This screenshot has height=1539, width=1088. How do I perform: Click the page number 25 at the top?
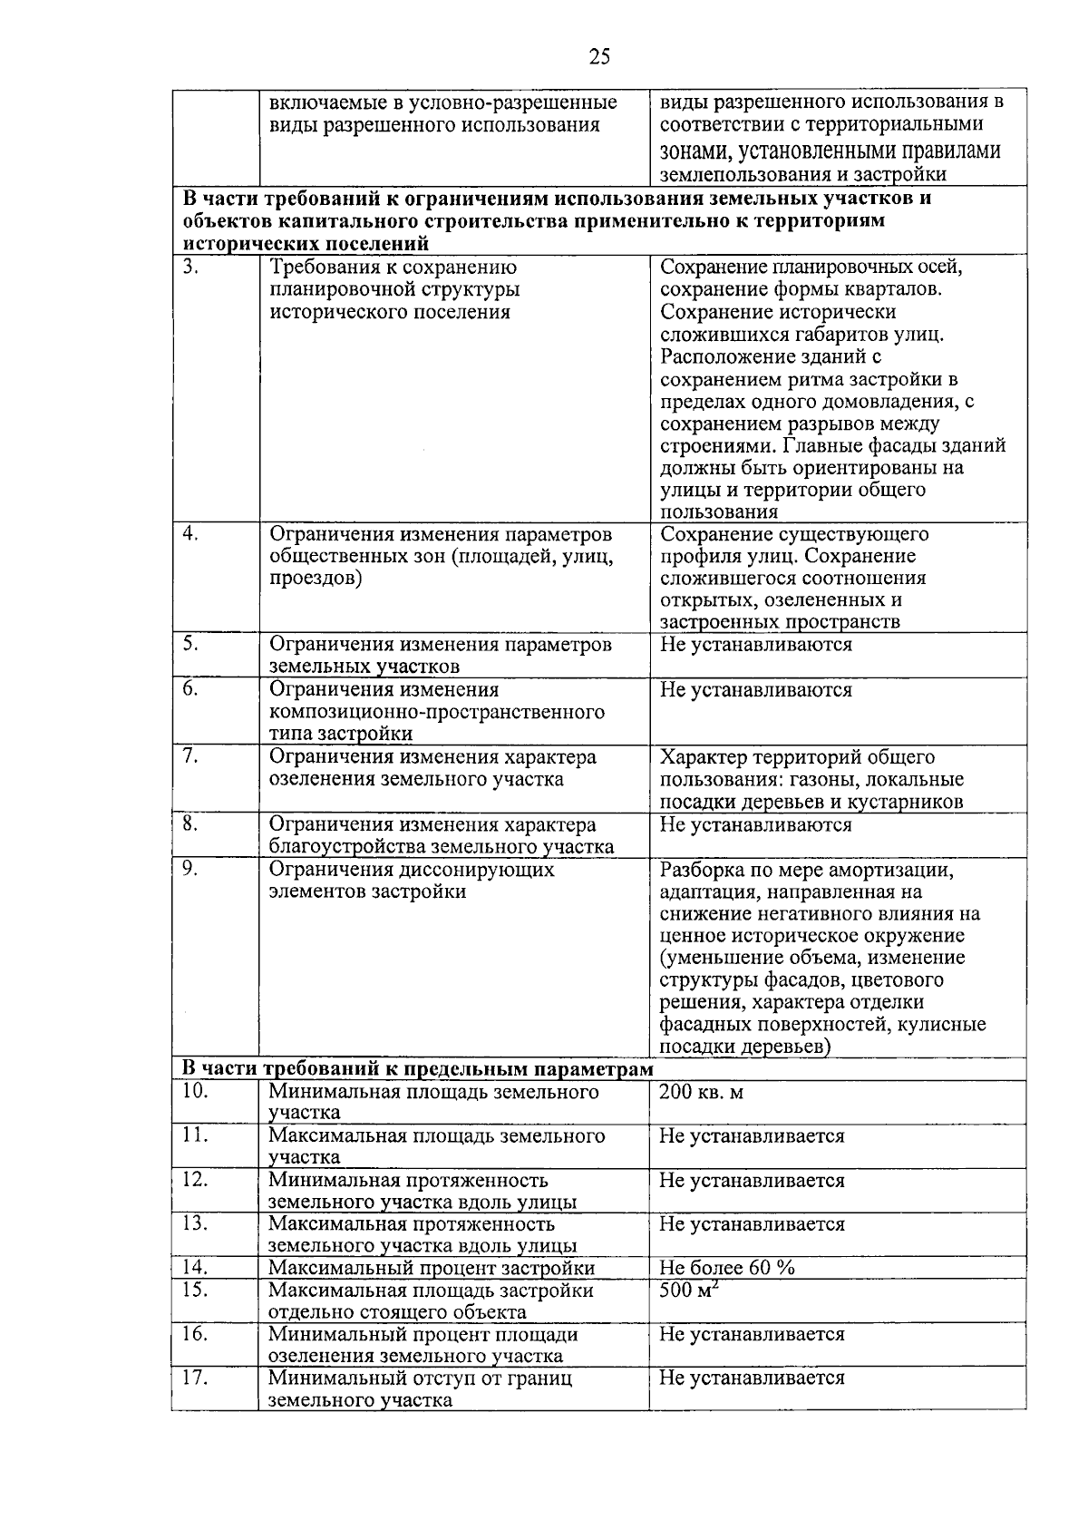(x=599, y=57)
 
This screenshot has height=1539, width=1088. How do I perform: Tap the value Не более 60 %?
(x=727, y=1268)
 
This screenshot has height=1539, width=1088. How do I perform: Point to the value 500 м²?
(x=688, y=1289)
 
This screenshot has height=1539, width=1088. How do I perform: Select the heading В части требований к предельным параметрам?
(x=418, y=1069)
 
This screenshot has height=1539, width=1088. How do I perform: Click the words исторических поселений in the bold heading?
(x=306, y=243)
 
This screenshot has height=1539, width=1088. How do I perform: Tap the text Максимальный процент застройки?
(x=432, y=1268)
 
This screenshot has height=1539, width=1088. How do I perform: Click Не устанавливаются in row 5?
(x=756, y=645)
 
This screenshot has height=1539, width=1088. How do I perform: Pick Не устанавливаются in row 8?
(x=756, y=825)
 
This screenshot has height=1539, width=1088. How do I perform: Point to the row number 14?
(x=195, y=1267)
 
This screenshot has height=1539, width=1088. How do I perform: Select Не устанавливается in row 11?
(x=753, y=1135)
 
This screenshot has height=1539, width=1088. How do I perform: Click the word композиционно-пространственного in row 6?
(x=437, y=712)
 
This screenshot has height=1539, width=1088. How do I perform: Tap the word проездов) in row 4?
(x=316, y=579)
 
